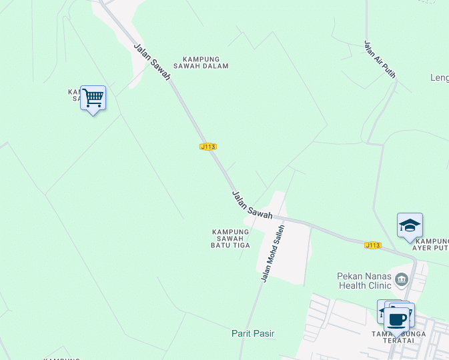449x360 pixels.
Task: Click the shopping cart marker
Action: (x=93, y=98)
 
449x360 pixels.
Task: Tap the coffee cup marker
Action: (x=398, y=319)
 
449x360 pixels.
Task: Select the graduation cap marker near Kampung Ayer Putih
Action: (x=410, y=226)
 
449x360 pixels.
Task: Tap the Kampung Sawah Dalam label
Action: (x=201, y=63)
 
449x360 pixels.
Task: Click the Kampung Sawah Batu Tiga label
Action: (x=231, y=239)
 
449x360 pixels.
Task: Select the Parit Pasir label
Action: (x=253, y=333)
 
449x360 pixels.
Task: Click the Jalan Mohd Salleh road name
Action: (x=274, y=253)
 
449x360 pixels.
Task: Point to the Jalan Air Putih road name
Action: (x=380, y=59)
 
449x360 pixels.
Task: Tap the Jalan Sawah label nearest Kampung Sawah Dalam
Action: (x=152, y=63)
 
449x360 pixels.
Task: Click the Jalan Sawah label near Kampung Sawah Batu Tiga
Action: (x=252, y=205)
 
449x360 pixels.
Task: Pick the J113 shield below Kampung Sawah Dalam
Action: (x=208, y=146)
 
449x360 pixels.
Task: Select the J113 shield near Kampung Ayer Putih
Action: (x=373, y=245)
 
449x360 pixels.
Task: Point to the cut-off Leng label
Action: (x=440, y=78)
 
